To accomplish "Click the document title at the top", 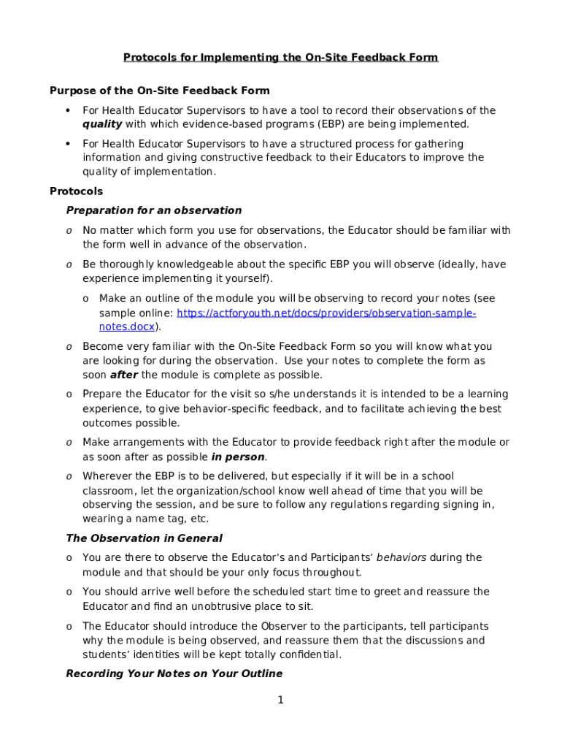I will (280, 57).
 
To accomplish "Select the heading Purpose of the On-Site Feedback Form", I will (159, 91).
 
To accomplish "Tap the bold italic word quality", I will (102, 124).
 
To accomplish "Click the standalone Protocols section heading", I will (76, 191).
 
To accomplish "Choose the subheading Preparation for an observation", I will (153, 210).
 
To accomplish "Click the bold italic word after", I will (123, 375).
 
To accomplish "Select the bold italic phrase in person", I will (238, 457).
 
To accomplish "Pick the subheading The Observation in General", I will (144, 538).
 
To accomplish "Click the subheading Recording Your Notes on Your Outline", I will (174, 673).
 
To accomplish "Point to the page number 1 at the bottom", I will (280, 701).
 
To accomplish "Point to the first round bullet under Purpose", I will (68, 110).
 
